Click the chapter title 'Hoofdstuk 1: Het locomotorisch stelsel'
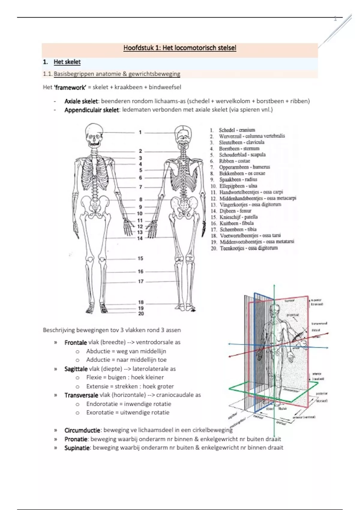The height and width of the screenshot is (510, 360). pos(180,48)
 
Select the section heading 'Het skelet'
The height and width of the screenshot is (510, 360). pos(67,62)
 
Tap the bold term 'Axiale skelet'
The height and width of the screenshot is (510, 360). pos(81,101)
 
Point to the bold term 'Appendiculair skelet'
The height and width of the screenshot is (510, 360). pos(91,110)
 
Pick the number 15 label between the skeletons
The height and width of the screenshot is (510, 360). pos(140,258)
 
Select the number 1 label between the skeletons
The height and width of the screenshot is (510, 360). pos(140,132)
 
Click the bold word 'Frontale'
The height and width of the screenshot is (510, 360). pos(76,343)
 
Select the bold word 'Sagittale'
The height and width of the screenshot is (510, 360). pos(76,369)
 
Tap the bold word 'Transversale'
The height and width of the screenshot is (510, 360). pos(81,395)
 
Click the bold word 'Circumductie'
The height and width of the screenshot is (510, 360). pos(82,430)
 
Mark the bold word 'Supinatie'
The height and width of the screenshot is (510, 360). pos(77,448)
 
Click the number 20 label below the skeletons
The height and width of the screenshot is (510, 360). pos(141,313)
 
